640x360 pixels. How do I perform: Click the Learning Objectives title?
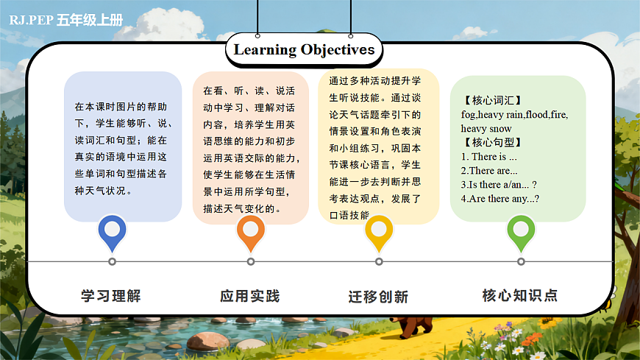pyautogui.click(x=304, y=50)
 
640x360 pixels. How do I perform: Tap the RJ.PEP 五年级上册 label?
pyautogui.click(x=66, y=20)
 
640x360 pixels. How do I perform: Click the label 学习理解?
pyautogui.click(x=111, y=296)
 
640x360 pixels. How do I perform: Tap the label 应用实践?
pyautogui.click(x=250, y=296)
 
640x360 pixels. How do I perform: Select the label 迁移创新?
pyautogui.click(x=378, y=297)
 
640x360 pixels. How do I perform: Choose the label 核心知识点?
pyautogui.click(x=520, y=296)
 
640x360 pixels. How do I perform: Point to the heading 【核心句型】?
pyautogui.click(x=492, y=143)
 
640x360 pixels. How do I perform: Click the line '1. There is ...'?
pyautogui.click(x=489, y=157)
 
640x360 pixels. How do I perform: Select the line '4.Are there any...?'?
pyautogui.click(x=500, y=198)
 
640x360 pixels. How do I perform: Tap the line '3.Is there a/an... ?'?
pyautogui.click(x=499, y=184)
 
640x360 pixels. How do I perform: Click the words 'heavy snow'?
pyautogui.click(x=486, y=129)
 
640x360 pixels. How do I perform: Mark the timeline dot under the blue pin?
pyautogui.click(x=112, y=261)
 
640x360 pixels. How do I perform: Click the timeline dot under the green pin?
pyautogui.click(x=521, y=261)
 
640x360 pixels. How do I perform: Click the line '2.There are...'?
pyautogui.click(x=488, y=171)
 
